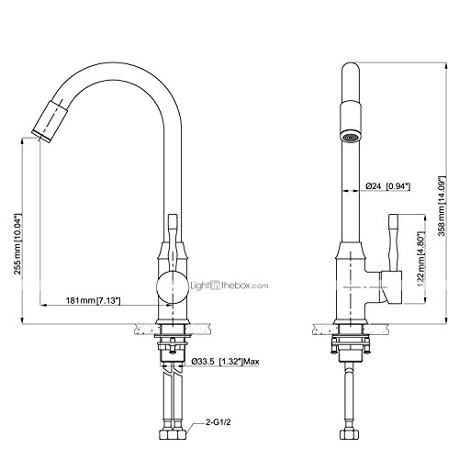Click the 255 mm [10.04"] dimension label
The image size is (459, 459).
tap(18, 243)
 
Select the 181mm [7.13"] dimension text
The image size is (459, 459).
tap(93, 301)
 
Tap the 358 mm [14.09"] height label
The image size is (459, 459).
tap(442, 206)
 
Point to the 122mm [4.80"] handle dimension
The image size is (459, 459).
tap(422, 260)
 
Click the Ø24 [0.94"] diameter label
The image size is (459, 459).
tap(387, 186)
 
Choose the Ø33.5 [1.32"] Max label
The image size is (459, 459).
tap(225, 362)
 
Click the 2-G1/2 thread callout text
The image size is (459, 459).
tap(218, 422)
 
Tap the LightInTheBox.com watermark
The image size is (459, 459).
tap(229, 285)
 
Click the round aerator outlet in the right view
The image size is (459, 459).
tap(351, 137)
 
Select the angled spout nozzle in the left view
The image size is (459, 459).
tap(50, 121)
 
